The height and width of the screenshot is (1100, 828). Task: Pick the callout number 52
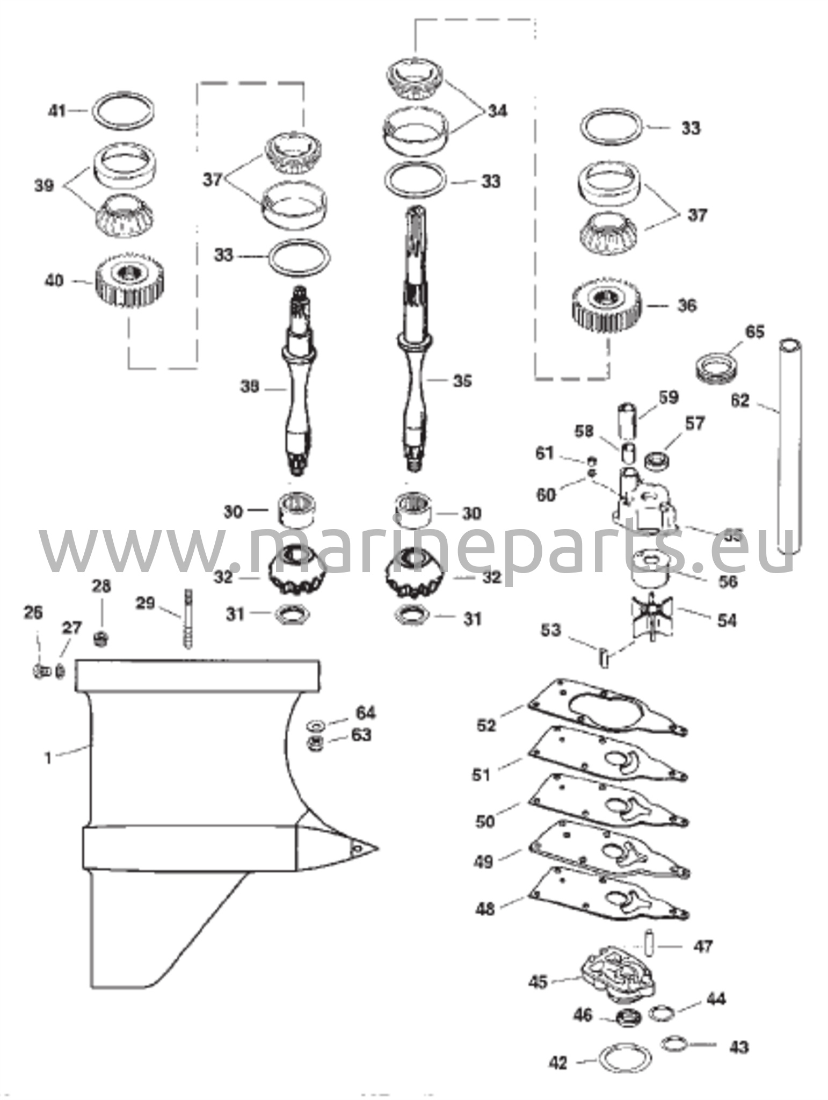[x=486, y=725]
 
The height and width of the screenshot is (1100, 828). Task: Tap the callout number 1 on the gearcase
[x=48, y=759]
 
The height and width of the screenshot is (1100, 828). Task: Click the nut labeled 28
[x=100, y=638]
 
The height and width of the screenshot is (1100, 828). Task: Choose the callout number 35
[x=462, y=381]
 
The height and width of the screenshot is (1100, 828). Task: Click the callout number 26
[x=33, y=613]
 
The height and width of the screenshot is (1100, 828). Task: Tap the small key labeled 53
[x=604, y=657]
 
